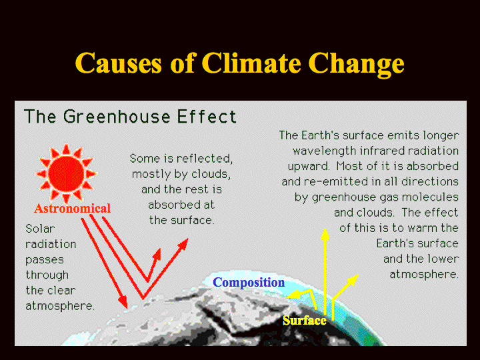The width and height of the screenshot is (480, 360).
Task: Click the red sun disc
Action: coord(66,173)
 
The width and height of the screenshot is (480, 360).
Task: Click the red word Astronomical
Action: coord(72,209)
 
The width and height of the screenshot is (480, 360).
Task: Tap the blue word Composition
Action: coord(249,282)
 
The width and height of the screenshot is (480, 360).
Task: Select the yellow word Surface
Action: coord(305,321)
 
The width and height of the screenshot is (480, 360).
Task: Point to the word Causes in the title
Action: coord(118,63)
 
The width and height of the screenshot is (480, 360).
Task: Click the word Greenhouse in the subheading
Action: coord(117,117)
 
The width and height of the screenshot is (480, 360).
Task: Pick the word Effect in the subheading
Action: coord(207,117)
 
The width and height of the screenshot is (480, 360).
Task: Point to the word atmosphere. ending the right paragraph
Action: coord(424,274)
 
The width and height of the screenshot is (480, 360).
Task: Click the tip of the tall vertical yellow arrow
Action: coord(325,228)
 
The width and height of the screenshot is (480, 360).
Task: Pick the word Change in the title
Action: coord(356,64)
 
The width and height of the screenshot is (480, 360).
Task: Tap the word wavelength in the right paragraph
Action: coord(325,151)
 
